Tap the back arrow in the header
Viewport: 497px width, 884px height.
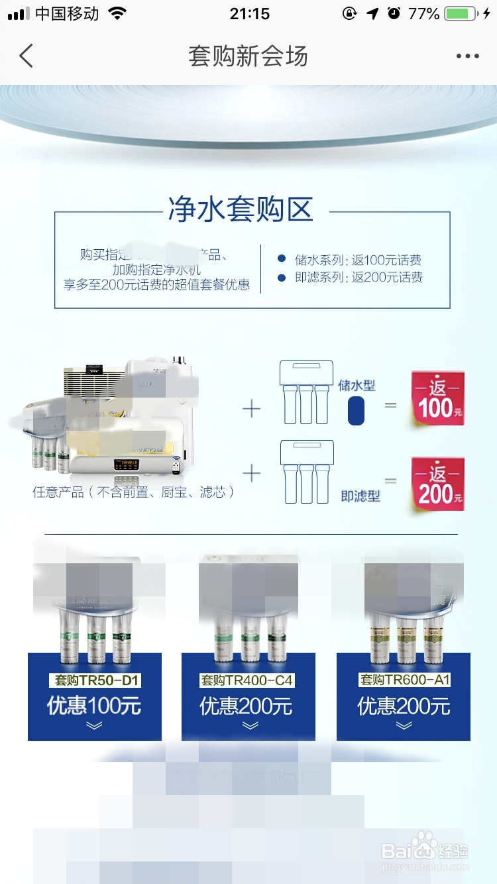[x=26, y=56]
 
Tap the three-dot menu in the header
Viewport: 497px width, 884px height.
[x=467, y=56]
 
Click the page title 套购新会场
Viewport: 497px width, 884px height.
[x=248, y=56]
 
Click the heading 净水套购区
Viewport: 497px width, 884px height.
[x=240, y=209]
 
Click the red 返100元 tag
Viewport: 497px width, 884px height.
[x=437, y=398]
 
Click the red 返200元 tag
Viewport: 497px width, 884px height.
[x=437, y=484]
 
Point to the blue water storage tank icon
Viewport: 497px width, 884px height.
[x=356, y=410]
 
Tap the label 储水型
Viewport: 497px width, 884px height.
[x=357, y=385]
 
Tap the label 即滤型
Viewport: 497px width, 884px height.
[x=360, y=496]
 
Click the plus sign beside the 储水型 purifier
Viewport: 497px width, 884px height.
[x=252, y=409]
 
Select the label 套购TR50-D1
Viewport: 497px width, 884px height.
[x=95, y=681]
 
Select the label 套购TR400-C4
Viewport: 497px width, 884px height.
[x=247, y=681]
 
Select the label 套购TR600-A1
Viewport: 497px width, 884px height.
[x=404, y=680]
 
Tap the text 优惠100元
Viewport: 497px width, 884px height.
[x=94, y=706]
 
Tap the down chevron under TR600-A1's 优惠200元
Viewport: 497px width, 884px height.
[x=404, y=726]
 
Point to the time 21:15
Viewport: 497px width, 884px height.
[x=250, y=14]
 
